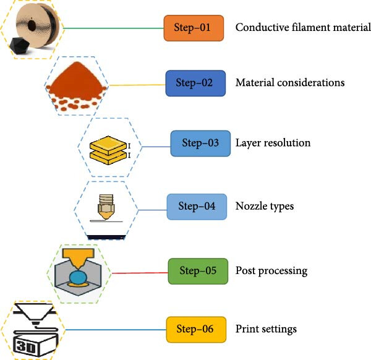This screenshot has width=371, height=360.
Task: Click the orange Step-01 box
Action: (193, 28)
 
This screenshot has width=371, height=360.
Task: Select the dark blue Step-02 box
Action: (194, 83)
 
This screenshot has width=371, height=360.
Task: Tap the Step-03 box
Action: (200, 144)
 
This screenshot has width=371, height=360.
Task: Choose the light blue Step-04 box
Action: (197, 207)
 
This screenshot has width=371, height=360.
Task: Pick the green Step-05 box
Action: (198, 271)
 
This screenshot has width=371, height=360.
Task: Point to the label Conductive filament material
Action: (303, 28)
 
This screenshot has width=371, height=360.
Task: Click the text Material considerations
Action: (289, 83)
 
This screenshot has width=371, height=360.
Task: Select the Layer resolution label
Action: (273, 144)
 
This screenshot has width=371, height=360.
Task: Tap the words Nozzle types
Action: (264, 207)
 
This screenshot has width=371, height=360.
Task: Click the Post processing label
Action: (271, 271)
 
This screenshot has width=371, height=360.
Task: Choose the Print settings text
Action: (266, 329)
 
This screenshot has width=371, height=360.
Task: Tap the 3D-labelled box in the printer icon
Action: (29, 343)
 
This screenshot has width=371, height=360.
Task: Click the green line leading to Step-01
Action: (111, 28)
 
